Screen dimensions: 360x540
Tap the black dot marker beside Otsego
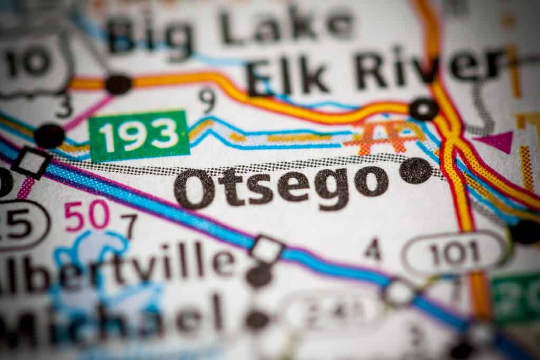pyautogui.click(x=416, y=171)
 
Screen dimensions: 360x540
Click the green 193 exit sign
pyautogui.click(x=139, y=136)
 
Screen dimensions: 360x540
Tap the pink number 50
pyautogui.click(x=87, y=216)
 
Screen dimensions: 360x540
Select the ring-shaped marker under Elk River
pyautogui.click(x=423, y=109)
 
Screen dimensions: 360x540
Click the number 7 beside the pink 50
pyautogui.click(x=129, y=225)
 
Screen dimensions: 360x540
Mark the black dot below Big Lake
pyautogui.click(x=118, y=84)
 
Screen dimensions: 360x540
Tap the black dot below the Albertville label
pyautogui.click(x=259, y=275)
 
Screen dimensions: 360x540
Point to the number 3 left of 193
pyautogui.click(x=64, y=106)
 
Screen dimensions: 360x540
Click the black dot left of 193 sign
pyautogui.click(x=49, y=135)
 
